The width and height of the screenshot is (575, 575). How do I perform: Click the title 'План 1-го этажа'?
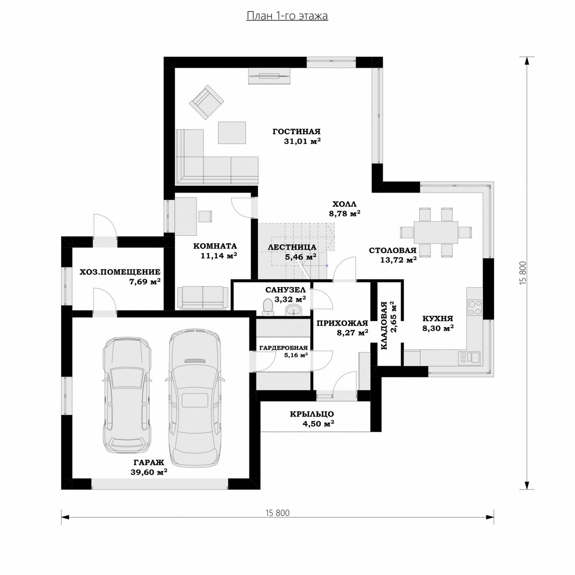click(287, 16)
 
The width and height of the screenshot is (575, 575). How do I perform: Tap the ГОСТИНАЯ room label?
click(296, 132)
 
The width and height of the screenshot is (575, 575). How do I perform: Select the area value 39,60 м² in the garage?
click(149, 472)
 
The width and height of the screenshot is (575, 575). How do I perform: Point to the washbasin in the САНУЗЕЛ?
click(294, 310)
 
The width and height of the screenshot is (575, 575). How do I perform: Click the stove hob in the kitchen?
click(475, 307)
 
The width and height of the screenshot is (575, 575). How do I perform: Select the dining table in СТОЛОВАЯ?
click(436, 232)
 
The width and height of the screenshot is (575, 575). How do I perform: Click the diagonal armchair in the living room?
click(207, 102)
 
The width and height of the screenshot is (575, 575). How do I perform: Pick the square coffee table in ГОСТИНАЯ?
click(232, 133)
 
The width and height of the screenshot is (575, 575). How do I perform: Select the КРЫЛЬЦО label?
click(312, 414)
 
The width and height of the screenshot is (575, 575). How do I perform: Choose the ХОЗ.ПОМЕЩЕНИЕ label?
click(120, 272)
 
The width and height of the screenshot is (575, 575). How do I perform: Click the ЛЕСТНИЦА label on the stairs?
click(292, 247)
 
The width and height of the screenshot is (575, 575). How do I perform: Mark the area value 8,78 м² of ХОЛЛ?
click(345, 214)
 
